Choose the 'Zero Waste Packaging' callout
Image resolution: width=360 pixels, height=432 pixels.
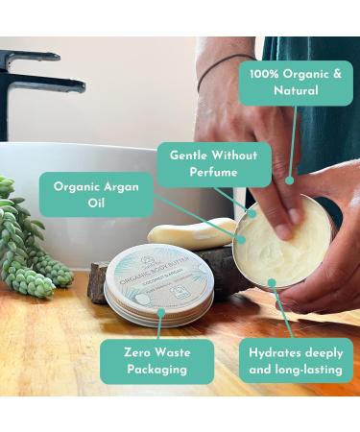tap(157, 360)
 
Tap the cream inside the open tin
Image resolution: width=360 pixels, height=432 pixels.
tap(288, 245)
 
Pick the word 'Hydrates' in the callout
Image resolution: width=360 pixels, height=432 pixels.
tap(272, 350)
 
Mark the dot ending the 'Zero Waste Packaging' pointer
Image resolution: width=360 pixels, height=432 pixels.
tap(160, 311)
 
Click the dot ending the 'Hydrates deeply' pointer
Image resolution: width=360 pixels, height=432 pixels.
tap(273, 283)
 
